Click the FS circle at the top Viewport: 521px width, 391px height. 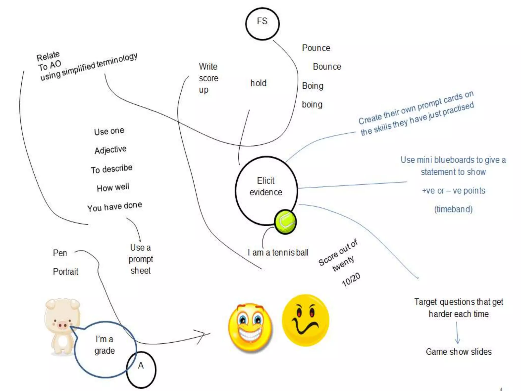(262, 24)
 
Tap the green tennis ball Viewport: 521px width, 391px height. (285, 222)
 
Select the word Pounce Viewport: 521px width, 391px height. (316, 48)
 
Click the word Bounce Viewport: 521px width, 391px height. (327, 67)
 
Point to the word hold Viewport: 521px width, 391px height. (258, 83)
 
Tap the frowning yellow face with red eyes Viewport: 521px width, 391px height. (305, 320)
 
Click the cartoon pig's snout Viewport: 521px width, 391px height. (62, 325)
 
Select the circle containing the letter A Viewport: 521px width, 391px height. (141, 369)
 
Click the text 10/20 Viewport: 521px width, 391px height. (351, 279)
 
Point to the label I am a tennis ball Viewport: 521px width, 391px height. (278, 253)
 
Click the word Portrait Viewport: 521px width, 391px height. (66, 272)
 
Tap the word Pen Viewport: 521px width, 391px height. (60, 253)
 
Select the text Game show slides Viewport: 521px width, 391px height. (459, 352)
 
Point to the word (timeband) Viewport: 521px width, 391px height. (453, 209)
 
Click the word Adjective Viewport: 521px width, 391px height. (110, 150)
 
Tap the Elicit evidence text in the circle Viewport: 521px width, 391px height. (266, 186)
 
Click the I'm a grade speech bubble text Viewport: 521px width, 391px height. (105, 345)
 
